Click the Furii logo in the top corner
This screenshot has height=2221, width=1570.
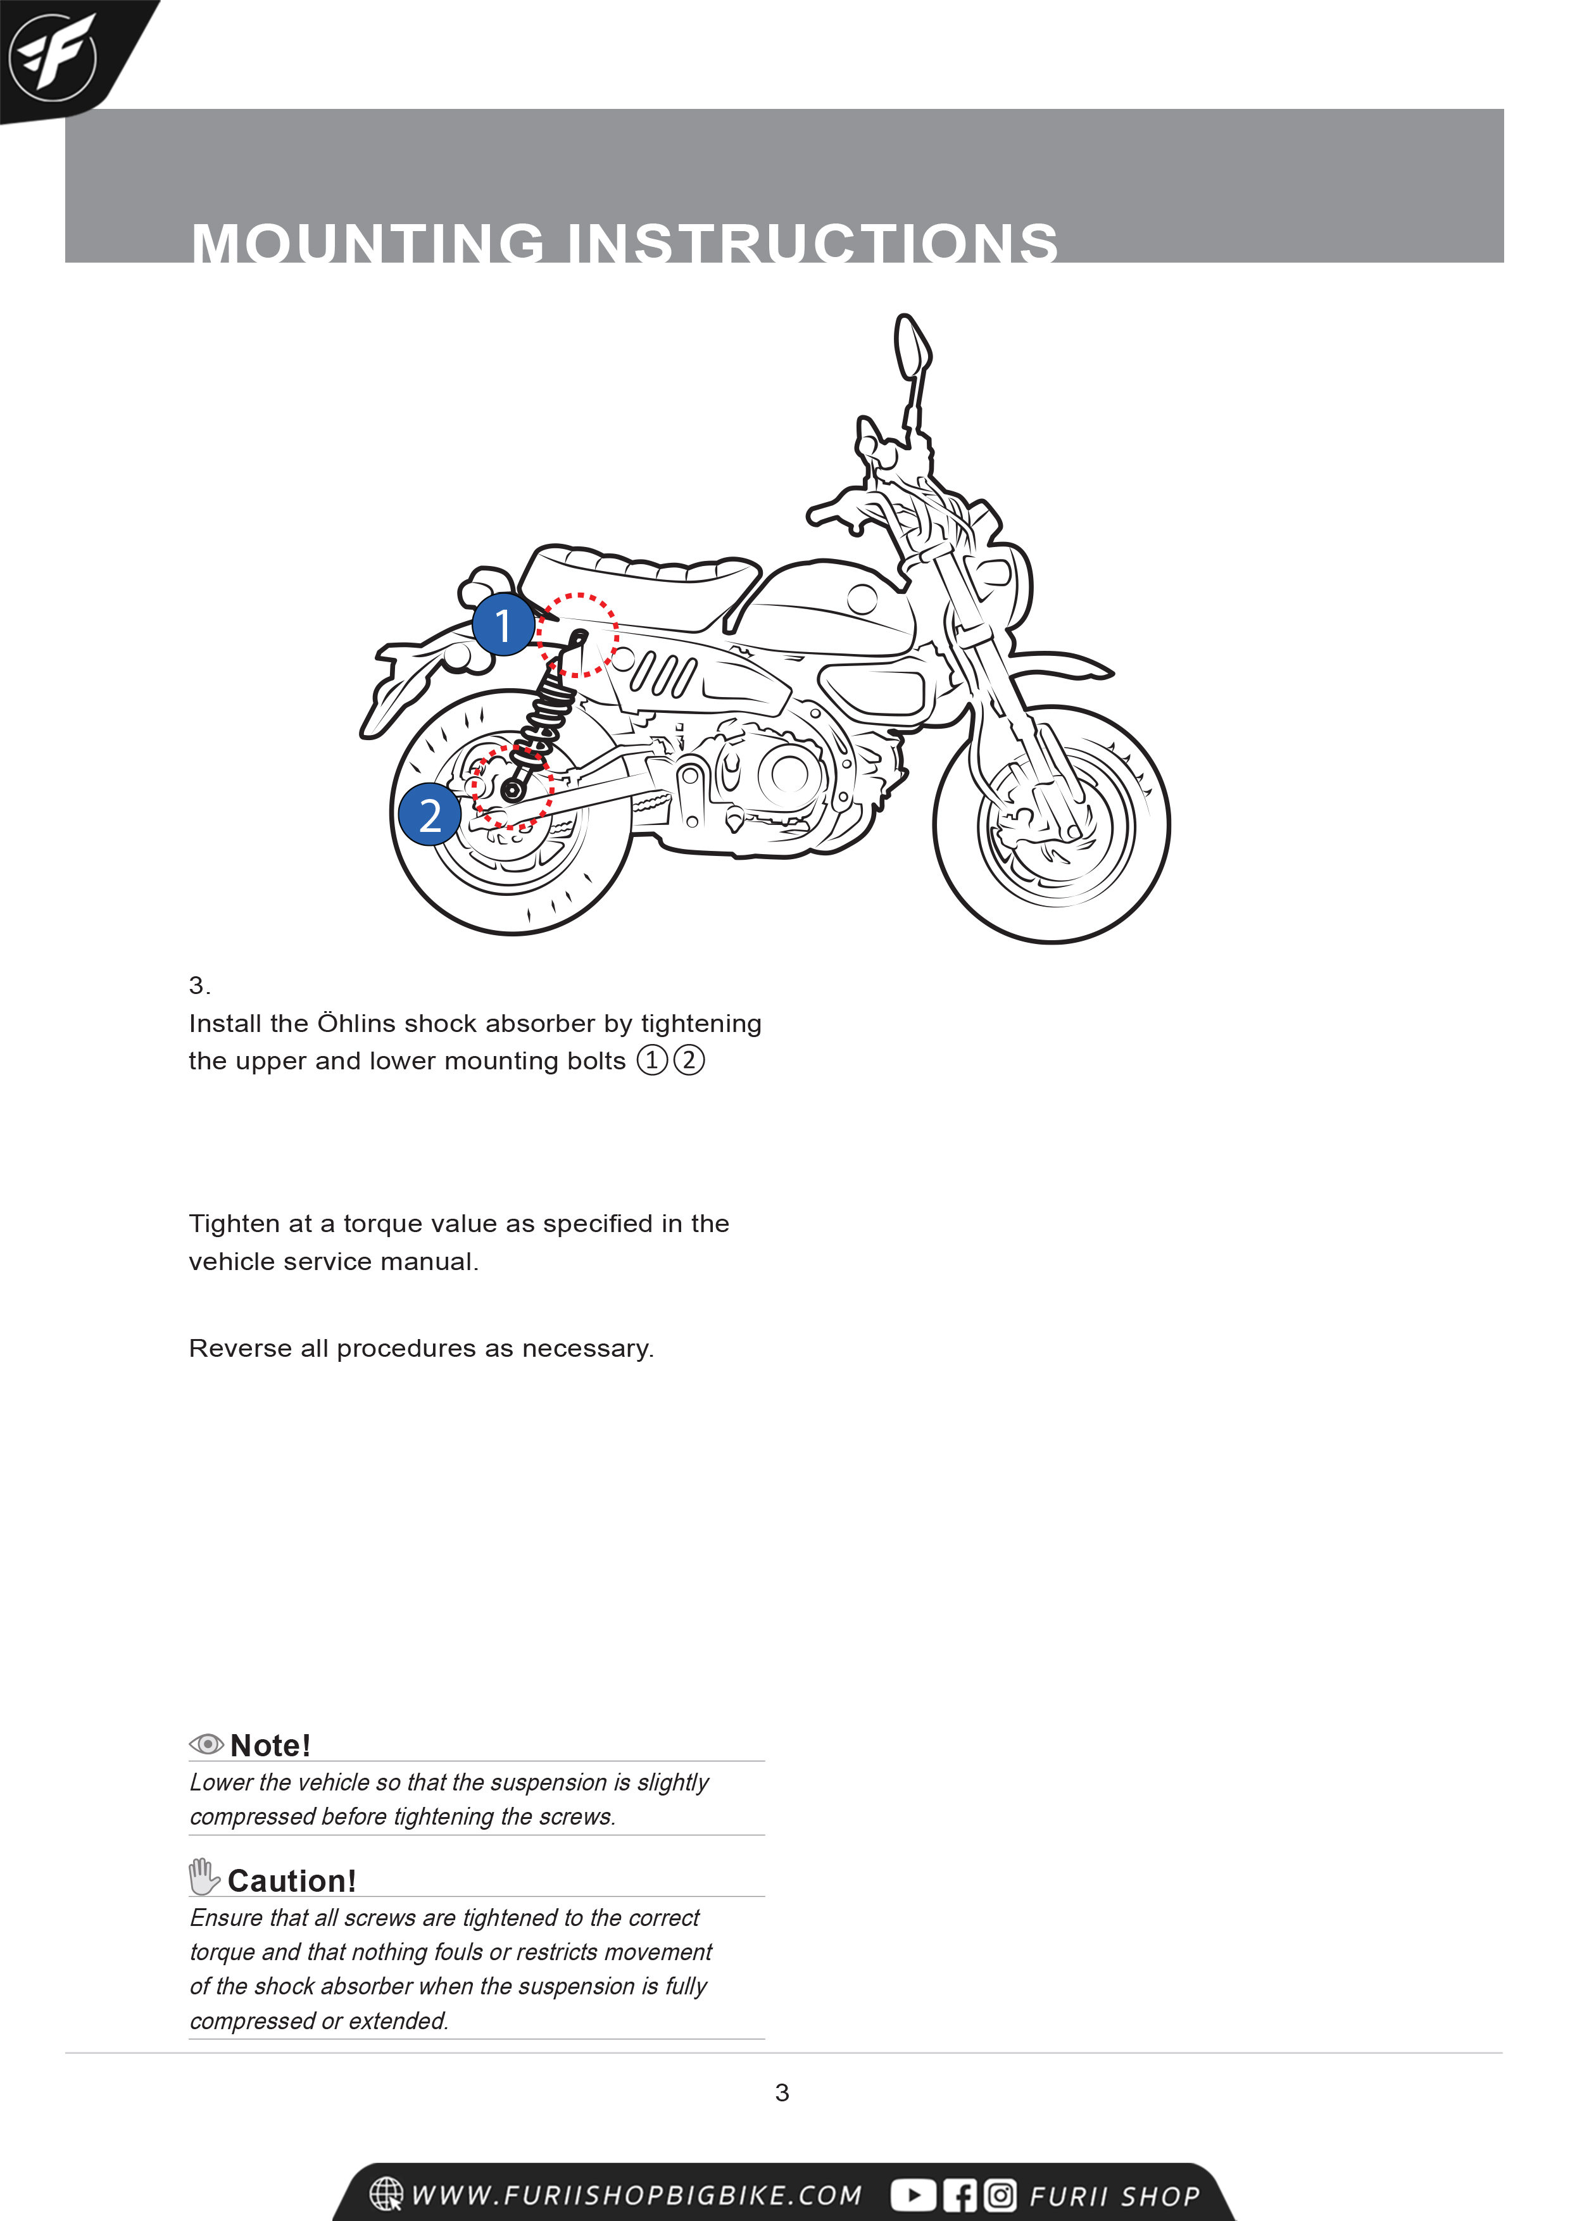[53, 56]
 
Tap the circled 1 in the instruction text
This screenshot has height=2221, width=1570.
[652, 1060]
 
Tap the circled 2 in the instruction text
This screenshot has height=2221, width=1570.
[689, 1060]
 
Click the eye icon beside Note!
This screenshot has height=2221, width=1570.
[206, 1744]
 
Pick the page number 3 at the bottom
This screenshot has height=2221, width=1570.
[782, 2092]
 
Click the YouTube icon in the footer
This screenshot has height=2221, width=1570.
[912, 2195]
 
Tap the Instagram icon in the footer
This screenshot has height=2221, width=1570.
[1000, 2195]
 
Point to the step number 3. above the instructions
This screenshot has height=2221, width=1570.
[198, 986]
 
